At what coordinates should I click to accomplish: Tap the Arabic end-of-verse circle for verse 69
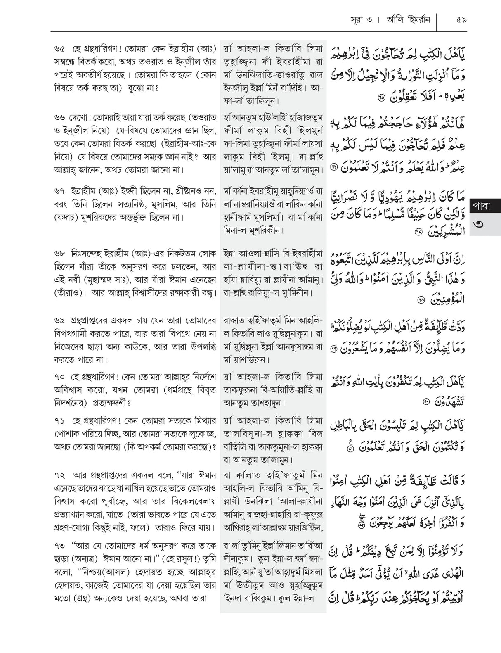(333, 349)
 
